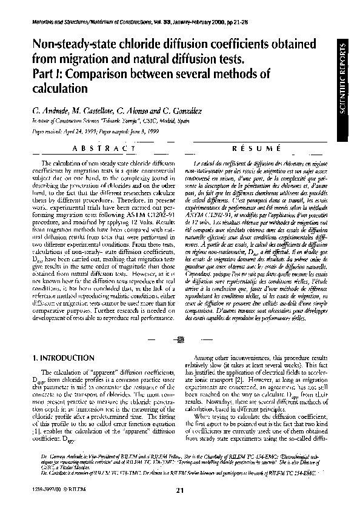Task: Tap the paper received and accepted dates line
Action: point(82,130)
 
